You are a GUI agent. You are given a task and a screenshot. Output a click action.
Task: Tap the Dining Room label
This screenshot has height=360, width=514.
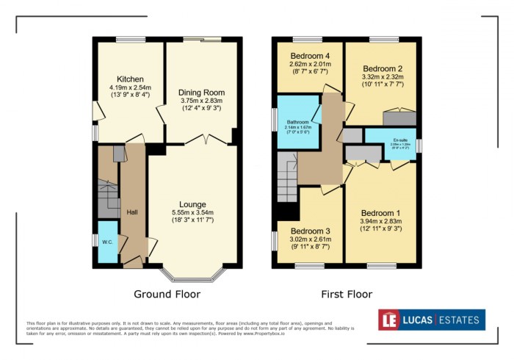point(201,93)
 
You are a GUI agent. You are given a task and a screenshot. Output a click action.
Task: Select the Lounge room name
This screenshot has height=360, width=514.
point(193,204)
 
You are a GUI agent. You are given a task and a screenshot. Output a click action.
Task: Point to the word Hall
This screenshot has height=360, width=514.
point(132,212)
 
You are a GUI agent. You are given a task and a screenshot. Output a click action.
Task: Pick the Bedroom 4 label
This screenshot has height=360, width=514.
point(310,56)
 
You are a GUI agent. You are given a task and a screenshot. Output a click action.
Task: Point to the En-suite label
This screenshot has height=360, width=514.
point(400,139)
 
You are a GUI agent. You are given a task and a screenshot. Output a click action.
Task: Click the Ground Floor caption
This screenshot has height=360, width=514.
point(167,295)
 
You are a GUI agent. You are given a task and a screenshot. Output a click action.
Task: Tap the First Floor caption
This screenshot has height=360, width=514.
point(347,295)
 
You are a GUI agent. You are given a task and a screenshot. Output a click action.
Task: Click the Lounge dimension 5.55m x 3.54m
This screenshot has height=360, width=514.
point(193,213)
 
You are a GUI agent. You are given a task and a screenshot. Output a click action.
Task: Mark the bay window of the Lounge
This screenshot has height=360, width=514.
point(193,275)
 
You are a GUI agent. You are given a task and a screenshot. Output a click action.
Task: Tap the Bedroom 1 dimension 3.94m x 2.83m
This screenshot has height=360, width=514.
point(381,222)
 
